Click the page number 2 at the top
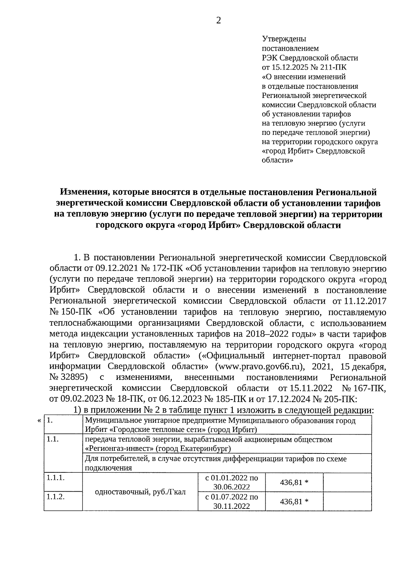click(x=218, y=21)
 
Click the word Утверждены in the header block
click(x=284, y=39)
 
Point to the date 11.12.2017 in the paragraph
click(x=365, y=301)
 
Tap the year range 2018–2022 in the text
click(x=268, y=334)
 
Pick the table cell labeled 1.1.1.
click(x=55, y=478)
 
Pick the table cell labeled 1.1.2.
click(x=55, y=497)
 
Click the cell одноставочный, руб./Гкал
click(x=140, y=492)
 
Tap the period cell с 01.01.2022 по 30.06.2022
click(x=232, y=482)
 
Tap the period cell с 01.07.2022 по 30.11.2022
click(x=232, y=501)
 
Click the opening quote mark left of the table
click(x=39, y=421)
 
